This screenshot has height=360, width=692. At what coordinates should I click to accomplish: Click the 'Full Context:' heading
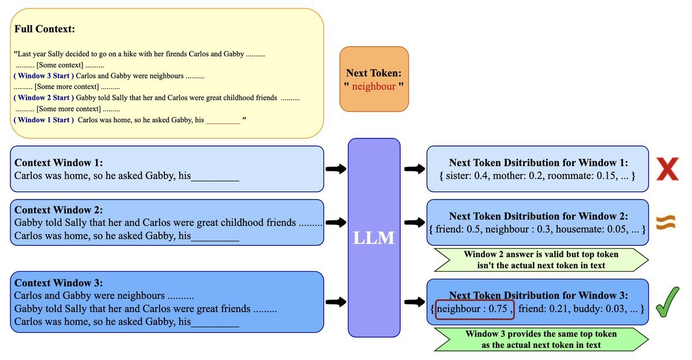point(45,29)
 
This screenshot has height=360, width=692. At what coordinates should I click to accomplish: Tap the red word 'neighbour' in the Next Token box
point(374,87)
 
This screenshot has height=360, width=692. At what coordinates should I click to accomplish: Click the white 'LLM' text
point(374,237)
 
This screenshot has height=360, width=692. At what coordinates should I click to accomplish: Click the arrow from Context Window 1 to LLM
point(336,169)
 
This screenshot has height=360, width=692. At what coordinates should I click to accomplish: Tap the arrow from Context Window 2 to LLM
point(336,222)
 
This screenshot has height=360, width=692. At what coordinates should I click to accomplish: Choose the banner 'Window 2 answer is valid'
point(541,260)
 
